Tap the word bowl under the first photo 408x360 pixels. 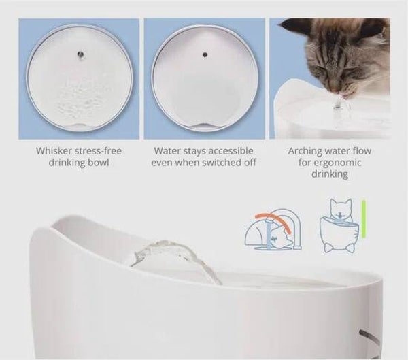click(x=99, y=162)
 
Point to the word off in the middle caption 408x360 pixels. click(x=250, y=162)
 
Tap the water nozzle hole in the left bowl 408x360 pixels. click(x=80, y=54)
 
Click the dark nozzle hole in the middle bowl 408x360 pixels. click(x=205, y=54)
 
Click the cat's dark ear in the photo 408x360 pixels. click(x=292, y=25)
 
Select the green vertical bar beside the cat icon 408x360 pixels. click(x=364, y=219)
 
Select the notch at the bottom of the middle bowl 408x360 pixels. click(x=205, y=126)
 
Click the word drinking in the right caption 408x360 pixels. click(x=330, y=174)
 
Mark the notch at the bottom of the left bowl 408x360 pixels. click(x=79, y=126)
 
